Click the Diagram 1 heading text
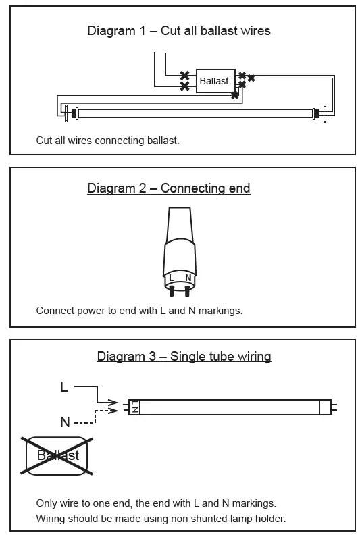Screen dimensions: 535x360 [179, 31]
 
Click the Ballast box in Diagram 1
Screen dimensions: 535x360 [214, 81]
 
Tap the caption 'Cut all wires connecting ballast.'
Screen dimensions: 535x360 [107, 141]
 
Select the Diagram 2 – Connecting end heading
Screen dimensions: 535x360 [169, 188]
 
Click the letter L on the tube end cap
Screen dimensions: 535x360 [172, 278]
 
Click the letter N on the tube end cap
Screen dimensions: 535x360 [188, 278]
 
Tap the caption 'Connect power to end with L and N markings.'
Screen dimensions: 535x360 [138, 311]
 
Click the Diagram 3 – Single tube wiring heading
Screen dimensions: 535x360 [184, 357]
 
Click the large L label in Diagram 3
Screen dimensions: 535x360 [64, 387]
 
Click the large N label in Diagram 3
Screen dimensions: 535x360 [65, 422]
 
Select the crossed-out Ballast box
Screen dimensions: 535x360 [57, 455]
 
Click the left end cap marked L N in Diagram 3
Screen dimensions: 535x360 [135, 407]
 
